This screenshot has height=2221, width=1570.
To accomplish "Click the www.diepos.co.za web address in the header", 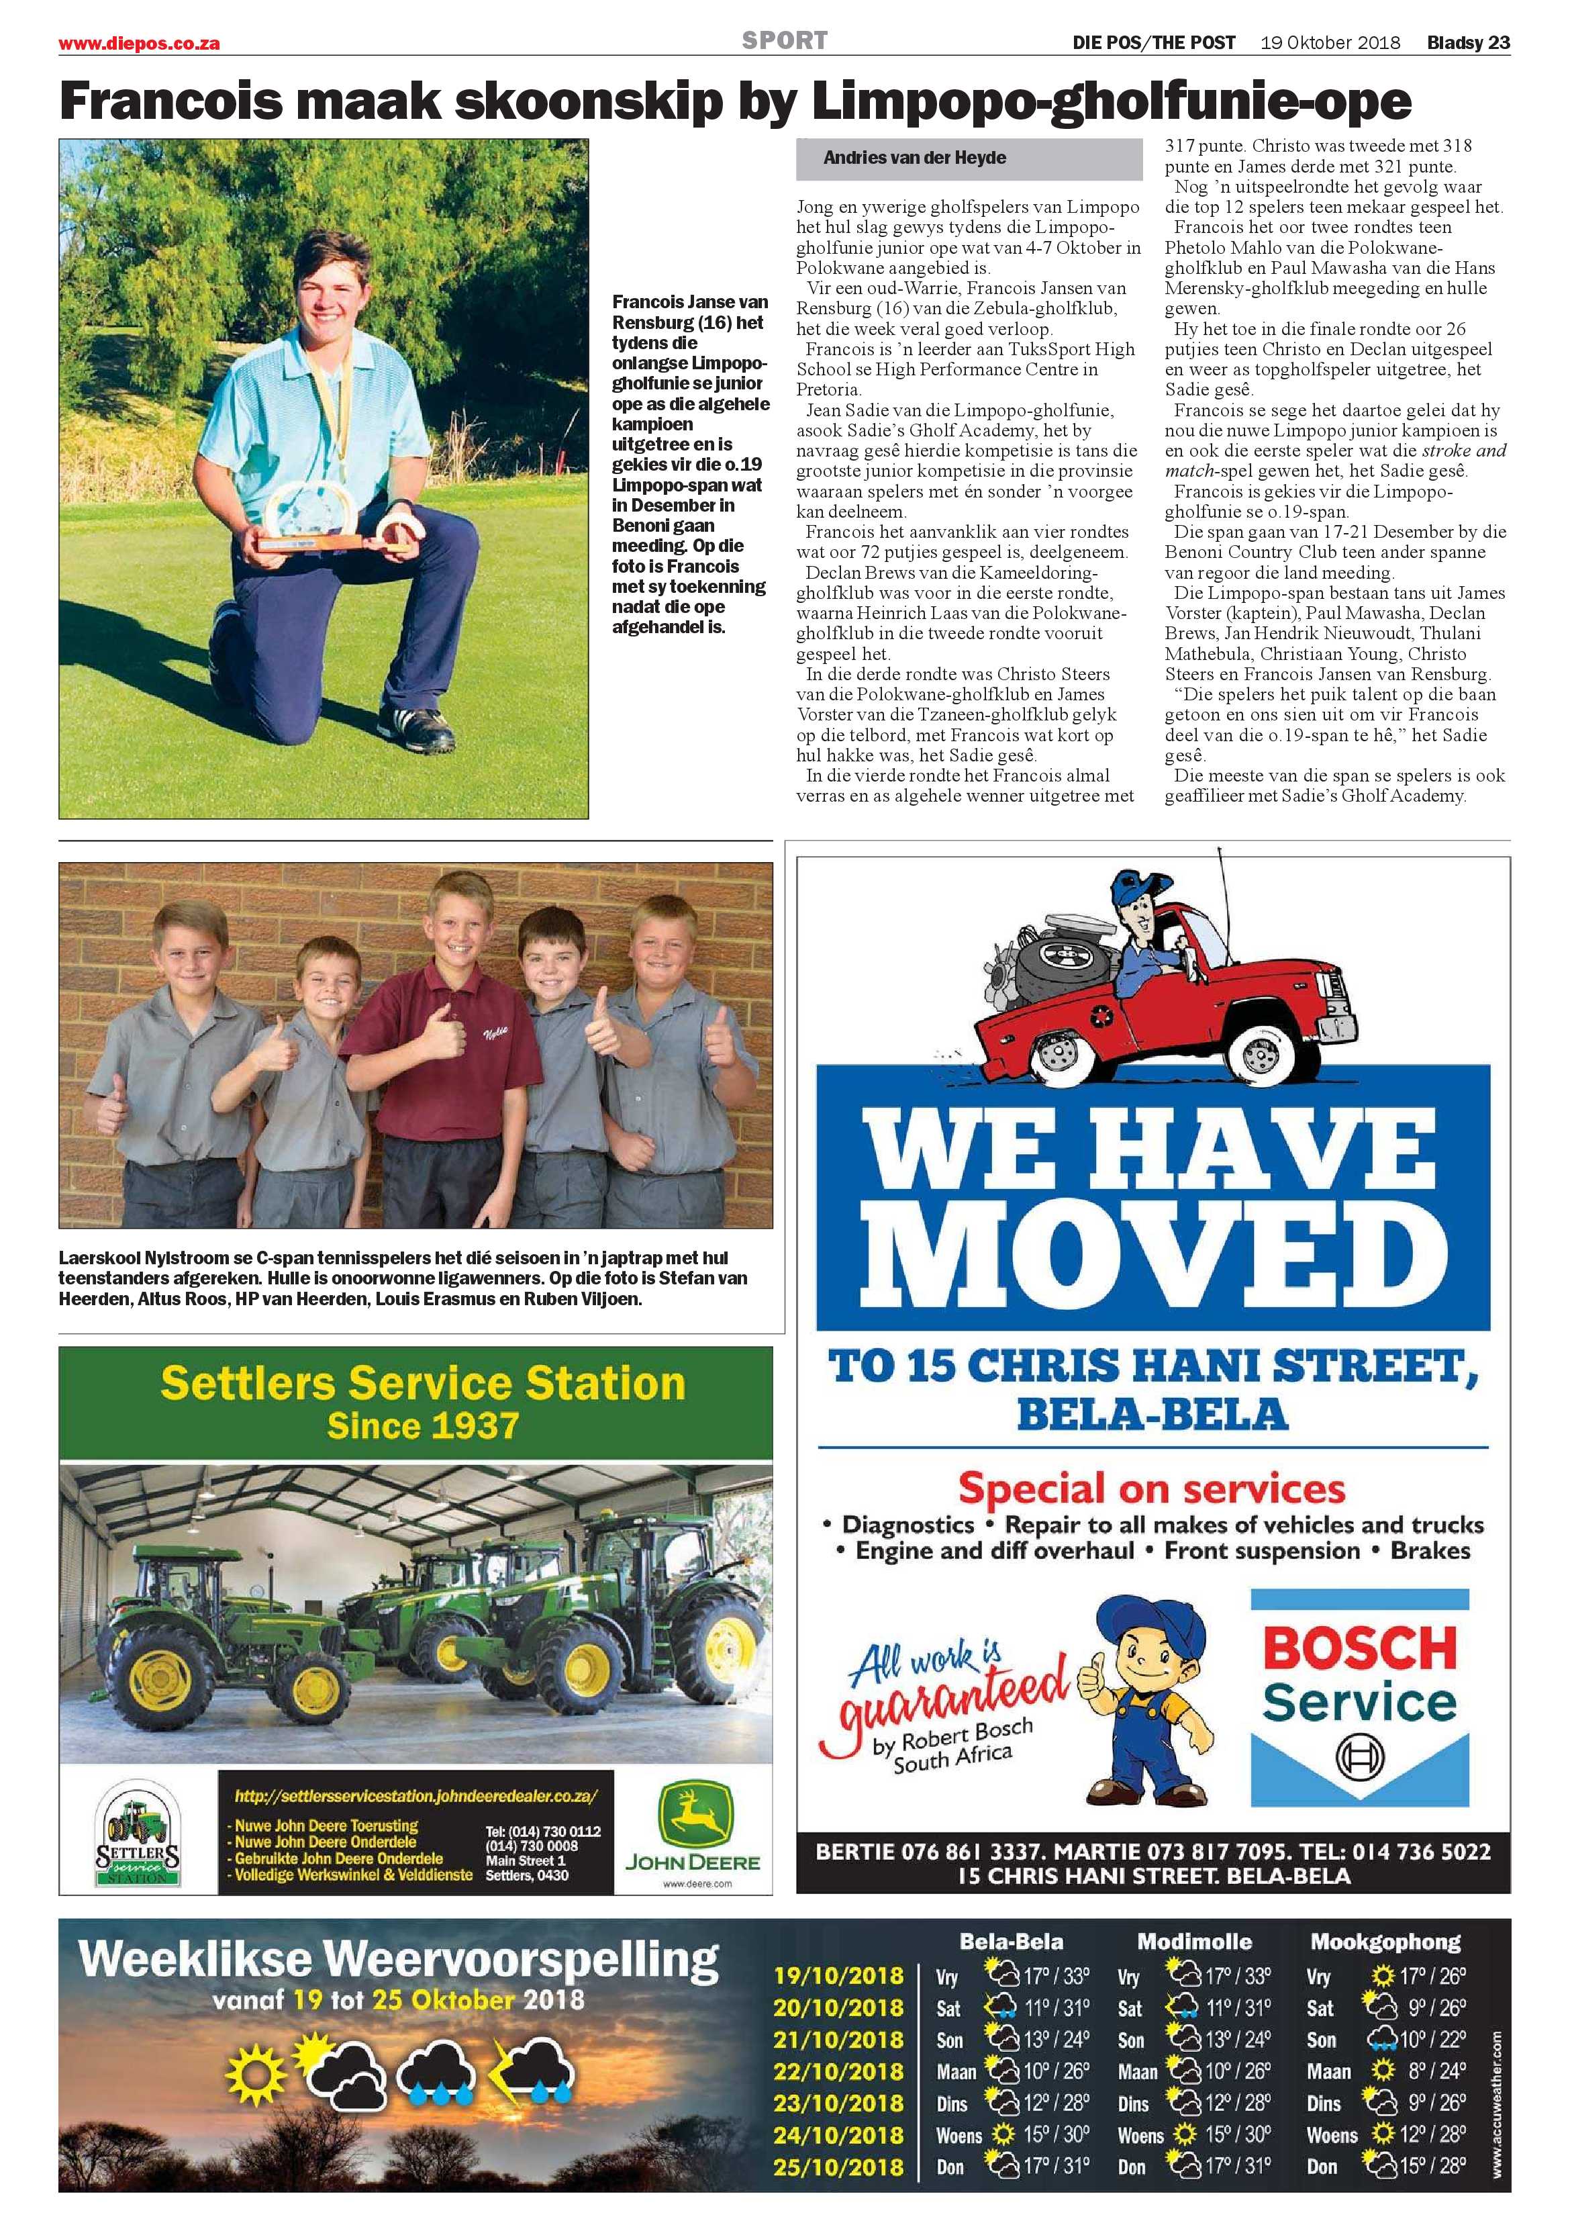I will [140, 44].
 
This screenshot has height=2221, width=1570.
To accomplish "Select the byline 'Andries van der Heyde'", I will [914, 158].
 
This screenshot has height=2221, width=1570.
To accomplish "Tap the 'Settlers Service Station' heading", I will [423, 1382].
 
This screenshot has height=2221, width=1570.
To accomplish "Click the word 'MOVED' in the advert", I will [1151, 1255].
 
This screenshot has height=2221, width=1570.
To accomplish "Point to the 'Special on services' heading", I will [1151, 1486].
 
